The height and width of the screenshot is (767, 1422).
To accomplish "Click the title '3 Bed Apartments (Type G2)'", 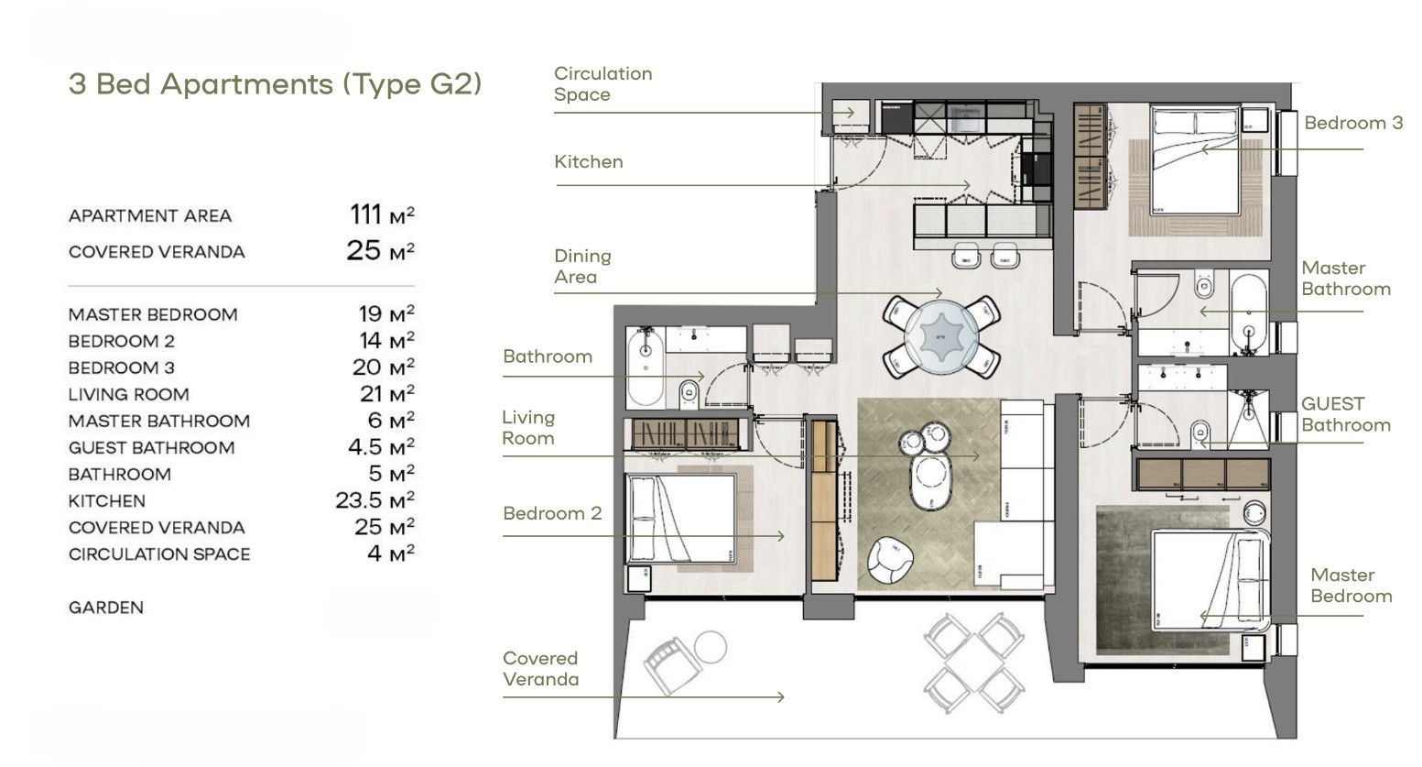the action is (275, 84).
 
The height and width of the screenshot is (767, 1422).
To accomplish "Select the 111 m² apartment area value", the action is (382, 214).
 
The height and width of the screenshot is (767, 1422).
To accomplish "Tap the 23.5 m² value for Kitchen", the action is (374, 500).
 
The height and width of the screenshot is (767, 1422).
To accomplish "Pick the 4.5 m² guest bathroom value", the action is (381, 447).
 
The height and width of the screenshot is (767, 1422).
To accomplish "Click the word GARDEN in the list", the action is (106, 608).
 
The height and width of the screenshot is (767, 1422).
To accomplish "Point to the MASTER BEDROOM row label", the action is (153, 314).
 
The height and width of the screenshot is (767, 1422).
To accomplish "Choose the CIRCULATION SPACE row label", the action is (159, 554).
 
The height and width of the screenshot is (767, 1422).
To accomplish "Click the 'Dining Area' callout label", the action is (582, 267).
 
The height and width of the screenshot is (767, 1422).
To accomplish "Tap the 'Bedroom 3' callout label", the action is (1353, 123).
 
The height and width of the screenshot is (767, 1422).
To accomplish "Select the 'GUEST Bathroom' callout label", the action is (1346, 414).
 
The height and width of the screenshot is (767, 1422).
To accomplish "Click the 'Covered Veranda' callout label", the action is (541, 669).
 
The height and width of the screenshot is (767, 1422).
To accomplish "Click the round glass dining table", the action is (941, 336).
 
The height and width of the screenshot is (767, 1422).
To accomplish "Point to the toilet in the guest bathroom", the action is (1199, 433).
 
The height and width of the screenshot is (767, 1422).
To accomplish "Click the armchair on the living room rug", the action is (890, 560).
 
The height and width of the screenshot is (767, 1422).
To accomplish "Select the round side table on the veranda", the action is (711, 647).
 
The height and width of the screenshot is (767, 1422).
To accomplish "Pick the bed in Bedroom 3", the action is (1194, 160).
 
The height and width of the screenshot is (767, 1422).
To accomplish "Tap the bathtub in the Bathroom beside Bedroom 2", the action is (646, 368).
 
